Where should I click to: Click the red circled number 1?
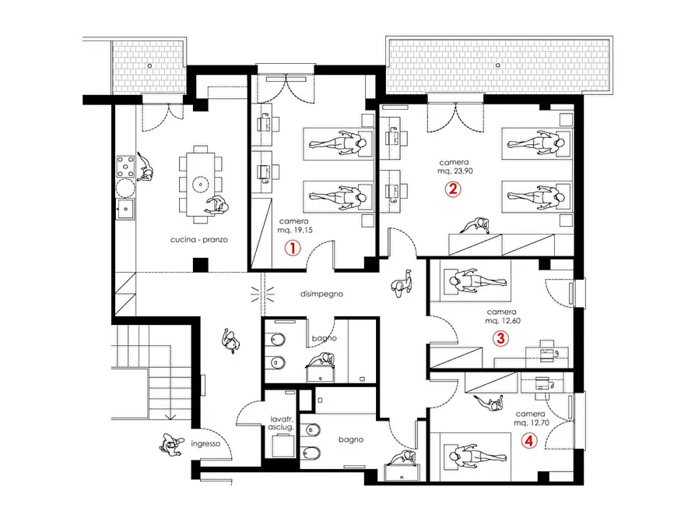293,248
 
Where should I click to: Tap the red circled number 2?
452,189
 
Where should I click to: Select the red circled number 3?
500,339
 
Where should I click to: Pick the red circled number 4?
529,441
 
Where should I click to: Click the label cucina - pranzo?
199,240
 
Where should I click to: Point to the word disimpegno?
321,294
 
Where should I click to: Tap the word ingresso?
205,444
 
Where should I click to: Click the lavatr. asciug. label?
281,423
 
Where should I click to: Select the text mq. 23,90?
455,171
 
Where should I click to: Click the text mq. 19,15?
295,230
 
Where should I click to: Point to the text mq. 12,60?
503,320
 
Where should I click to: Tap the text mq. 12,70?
532,422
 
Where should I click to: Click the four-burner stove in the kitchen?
125,166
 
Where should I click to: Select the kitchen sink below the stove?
125,209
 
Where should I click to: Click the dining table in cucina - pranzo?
200,184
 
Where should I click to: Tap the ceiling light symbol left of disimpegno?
262,294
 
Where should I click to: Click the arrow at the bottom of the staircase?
170,416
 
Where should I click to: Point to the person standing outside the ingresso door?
171,445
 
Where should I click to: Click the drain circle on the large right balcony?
498,65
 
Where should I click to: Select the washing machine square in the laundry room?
283,446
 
